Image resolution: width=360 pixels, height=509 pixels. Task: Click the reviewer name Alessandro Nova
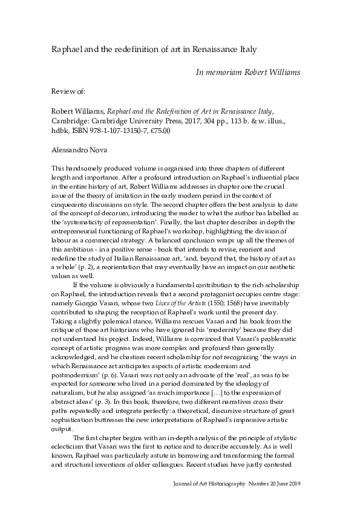point(75,148)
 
